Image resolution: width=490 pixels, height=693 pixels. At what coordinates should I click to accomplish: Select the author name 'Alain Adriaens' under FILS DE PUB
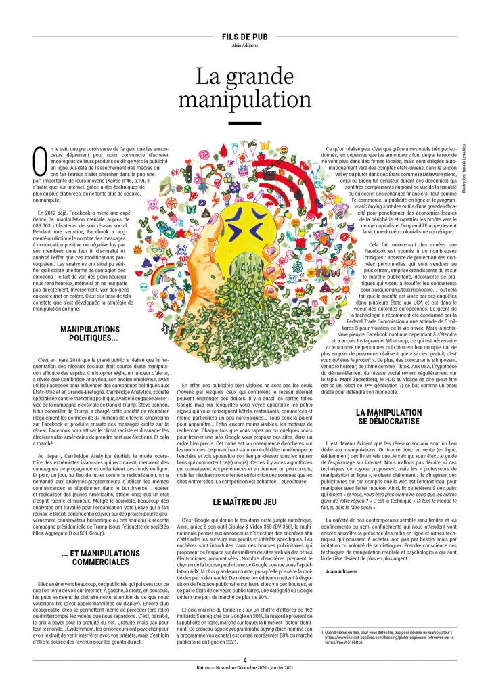tap(244, 46)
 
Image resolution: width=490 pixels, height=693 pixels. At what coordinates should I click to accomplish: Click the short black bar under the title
tap(244, 123)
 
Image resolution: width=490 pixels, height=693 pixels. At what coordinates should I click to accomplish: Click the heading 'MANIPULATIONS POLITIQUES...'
tap(89, 332)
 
